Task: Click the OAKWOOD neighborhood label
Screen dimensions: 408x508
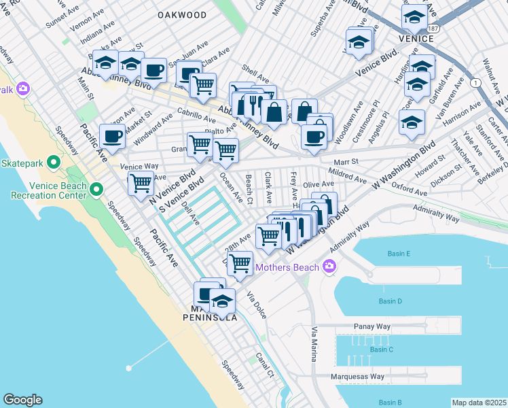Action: click(x=181, y=14)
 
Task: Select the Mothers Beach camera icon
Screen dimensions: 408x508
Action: click(x=330, y=267)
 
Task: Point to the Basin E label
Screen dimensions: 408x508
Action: click(x=399, y=254)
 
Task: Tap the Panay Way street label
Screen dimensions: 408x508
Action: click(x=370, y=327)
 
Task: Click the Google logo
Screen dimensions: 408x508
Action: click(x=22, y=400)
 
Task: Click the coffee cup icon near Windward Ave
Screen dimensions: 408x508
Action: click(x=112, y=137)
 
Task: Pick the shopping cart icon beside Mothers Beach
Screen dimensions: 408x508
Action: click(x=240, y=263)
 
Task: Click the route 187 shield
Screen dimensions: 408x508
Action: click(x=433, y=28)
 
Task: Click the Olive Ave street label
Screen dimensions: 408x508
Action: click(x=319, y=185)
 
